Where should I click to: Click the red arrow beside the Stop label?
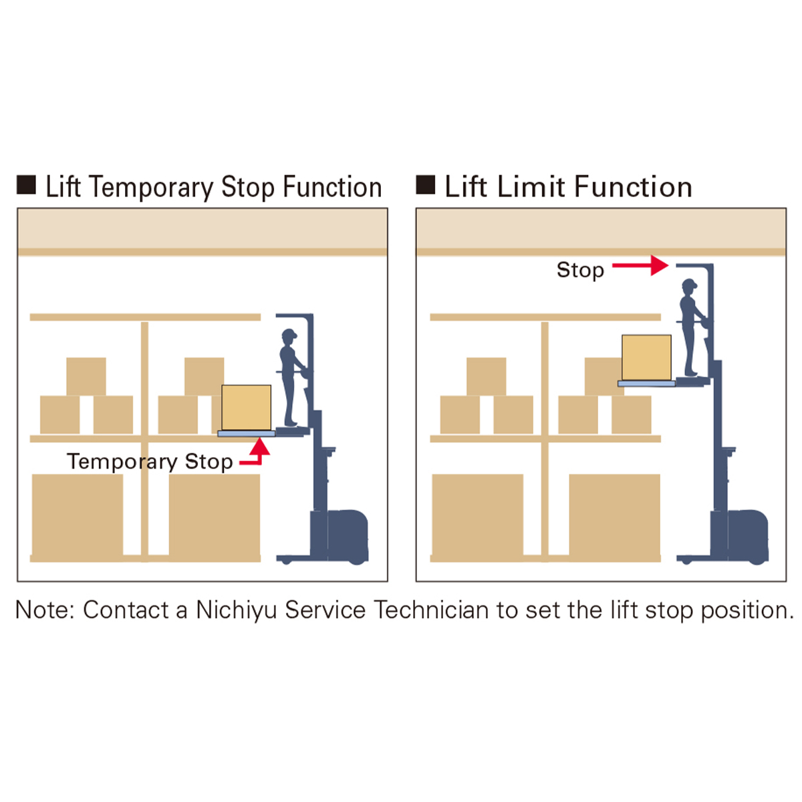(640, 265)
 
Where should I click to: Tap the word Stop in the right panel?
(580, 270)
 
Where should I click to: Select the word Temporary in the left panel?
(122, 462)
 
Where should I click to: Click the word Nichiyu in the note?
(236, 610)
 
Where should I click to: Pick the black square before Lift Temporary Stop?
(26, 185)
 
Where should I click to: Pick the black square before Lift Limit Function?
(426, 184)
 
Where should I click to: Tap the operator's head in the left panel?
(289, 336)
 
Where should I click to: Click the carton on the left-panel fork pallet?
(246, 407)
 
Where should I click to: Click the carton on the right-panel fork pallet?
(646, 358)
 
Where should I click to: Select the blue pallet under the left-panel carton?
(246, 434)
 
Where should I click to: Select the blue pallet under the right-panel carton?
(646, 384)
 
